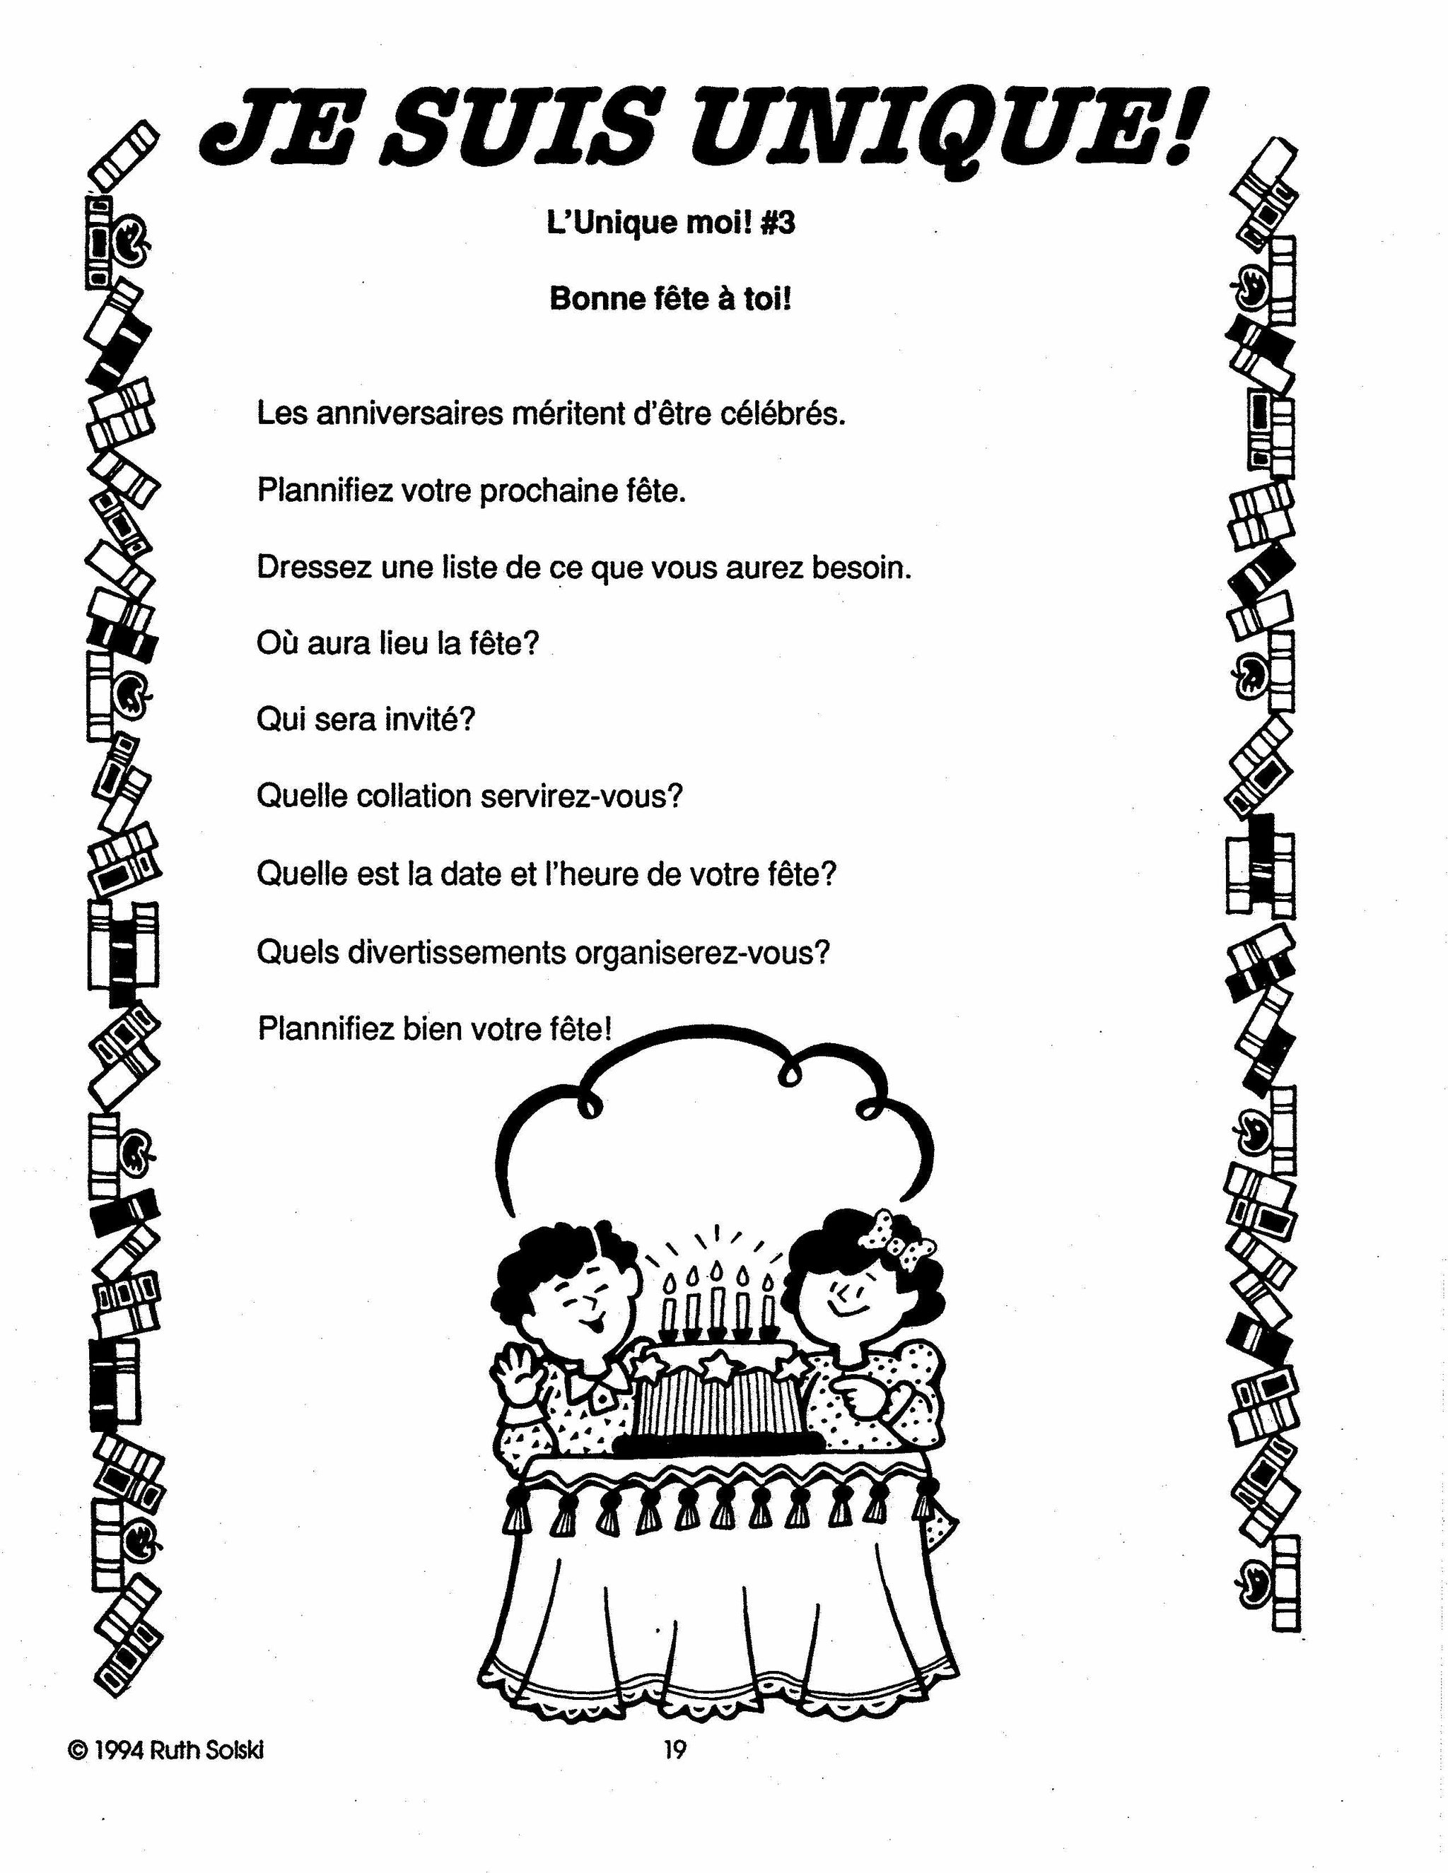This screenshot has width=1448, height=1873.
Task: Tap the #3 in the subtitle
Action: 777,224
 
